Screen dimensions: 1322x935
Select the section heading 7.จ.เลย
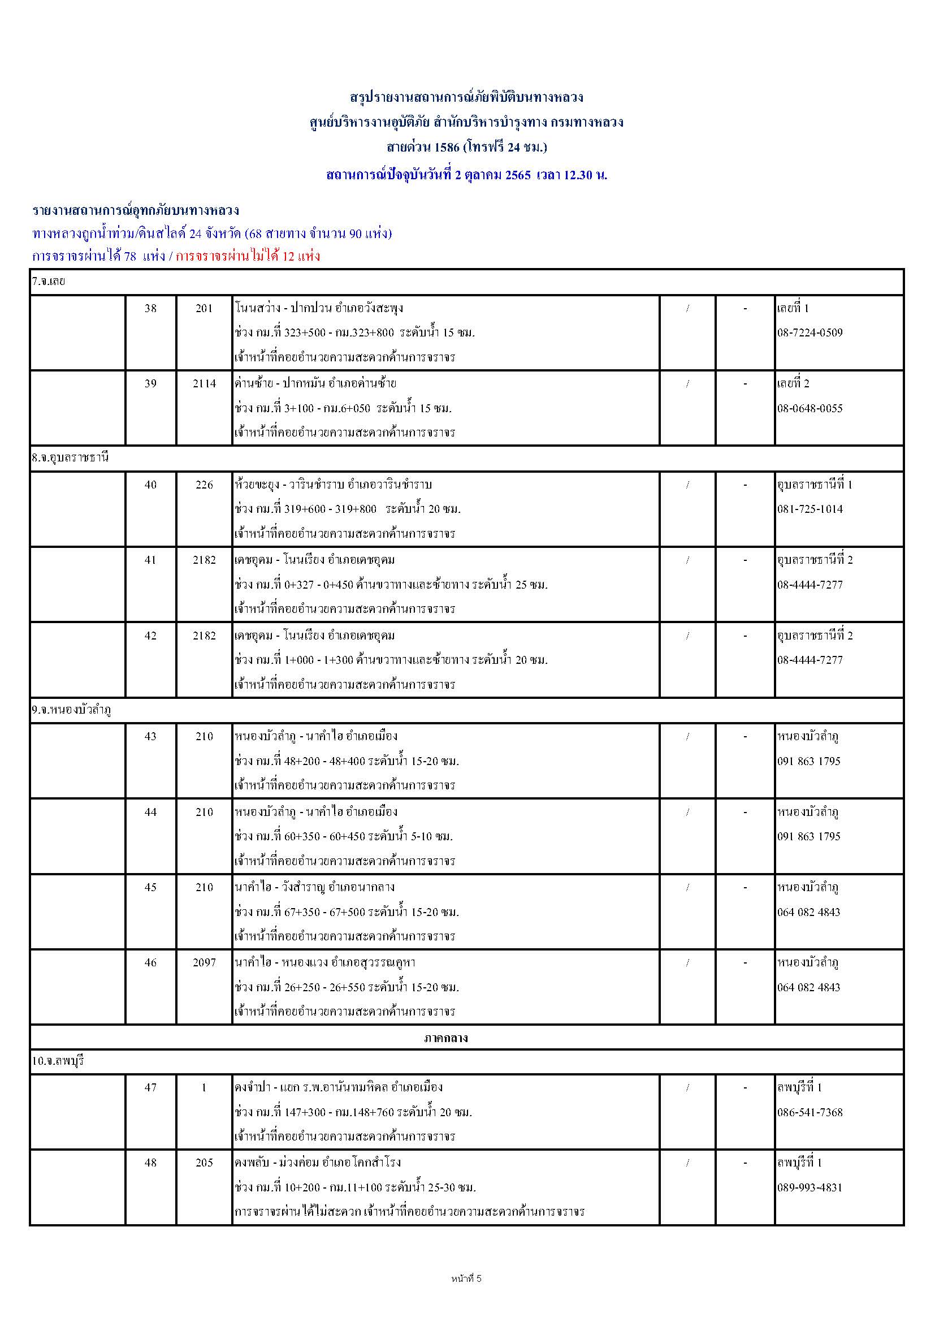49,282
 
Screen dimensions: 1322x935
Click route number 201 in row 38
204,309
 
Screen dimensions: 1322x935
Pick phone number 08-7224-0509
810,333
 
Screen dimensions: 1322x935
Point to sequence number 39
150,384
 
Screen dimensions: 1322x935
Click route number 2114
204,384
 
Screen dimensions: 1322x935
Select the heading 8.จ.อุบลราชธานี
70,459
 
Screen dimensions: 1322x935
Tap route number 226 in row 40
204,485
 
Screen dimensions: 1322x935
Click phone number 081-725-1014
810,509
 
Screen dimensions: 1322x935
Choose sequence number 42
150,636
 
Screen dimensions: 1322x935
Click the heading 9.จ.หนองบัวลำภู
71,711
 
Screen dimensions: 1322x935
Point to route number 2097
204,963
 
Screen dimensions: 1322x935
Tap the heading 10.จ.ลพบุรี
58,1061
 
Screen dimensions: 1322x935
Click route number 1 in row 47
204,1088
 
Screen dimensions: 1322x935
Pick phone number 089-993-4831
810,1187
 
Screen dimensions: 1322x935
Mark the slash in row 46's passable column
687,963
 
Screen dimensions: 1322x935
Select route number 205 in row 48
204,1163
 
